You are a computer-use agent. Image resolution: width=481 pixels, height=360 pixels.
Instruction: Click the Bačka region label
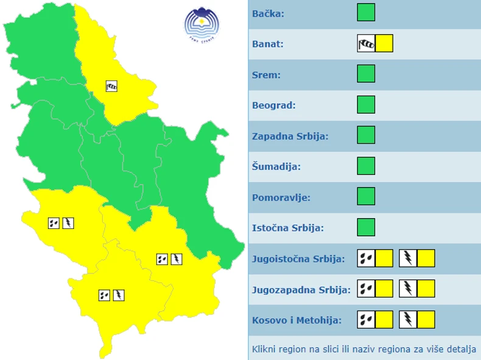[x=268, y=13]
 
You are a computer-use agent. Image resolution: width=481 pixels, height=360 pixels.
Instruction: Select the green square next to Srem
[x=366, y=74]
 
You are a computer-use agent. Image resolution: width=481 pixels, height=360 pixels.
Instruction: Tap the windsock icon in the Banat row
[x=366, y=43]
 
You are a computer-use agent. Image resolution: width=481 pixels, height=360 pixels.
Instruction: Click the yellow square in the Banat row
[x=384, y=43]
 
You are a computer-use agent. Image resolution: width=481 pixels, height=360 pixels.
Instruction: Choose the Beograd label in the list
[x=274, y=105]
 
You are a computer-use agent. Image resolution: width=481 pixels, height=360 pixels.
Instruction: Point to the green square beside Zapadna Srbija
[x=366, y=135]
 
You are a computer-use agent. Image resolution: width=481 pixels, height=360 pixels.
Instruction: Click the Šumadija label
[x=276, y=166]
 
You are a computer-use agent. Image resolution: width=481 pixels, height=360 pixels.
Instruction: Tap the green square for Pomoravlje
[x=366, y=197]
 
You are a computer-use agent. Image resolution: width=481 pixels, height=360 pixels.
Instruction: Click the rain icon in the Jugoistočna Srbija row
[x=366, y=258]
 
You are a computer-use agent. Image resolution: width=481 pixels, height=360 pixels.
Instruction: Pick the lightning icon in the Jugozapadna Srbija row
[x=408, y=289]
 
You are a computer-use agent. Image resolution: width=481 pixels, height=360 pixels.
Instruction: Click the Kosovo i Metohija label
[x=297, y=320]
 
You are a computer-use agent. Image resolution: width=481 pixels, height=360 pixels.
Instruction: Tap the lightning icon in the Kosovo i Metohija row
[x=408, y=320]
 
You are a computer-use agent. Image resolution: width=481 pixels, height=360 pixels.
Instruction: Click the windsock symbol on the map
[x=111, y=86]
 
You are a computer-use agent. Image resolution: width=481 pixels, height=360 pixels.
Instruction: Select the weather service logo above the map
[x=202, y=23]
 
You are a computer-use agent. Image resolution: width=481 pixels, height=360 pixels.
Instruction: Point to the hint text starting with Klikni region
[x=363, y=350]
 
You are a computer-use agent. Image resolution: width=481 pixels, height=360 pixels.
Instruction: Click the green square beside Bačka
[x=366, y=13]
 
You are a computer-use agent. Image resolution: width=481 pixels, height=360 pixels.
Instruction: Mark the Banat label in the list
[x=268, y=43]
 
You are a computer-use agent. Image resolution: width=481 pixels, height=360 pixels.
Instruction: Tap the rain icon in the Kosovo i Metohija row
[x=366, y=320]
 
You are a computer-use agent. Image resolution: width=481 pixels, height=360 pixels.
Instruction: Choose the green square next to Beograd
[x=366, y=105]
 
